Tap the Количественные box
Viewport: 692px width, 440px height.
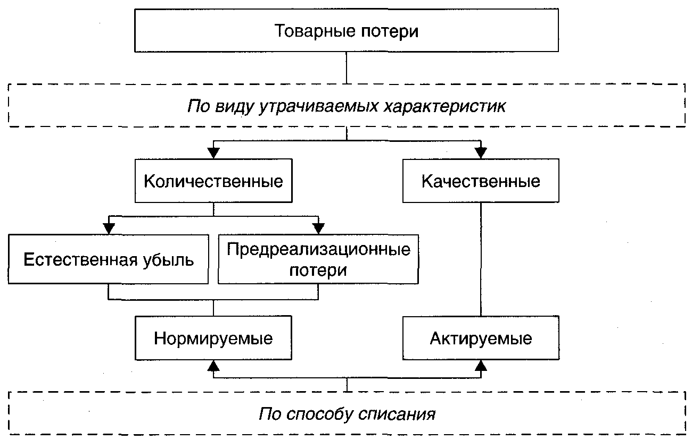pyautogui.click(x=213, y=182)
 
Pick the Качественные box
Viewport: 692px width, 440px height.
pyautogui.click(x=481, y=182)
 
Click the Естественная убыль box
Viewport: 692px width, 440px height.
pyautogui.click(x=109, y=261)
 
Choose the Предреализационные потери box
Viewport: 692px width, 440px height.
pyautogui.click(x=318, y=260)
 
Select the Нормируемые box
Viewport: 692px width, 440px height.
pyautogui.click(x=213, y=339)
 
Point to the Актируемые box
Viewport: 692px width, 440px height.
pyautogui.click(x=481, y=339)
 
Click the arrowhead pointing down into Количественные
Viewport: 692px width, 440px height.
pyautogui.click(x=213, y=153)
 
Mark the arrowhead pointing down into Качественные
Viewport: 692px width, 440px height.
pyautogui.click(x=481, y=153)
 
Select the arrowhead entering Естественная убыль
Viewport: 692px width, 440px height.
pyautogui.click(x=109, y=229)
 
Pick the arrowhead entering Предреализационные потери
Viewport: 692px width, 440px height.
pyautogui.click(x=318, y=229)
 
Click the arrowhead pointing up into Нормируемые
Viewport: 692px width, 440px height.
pyautogui.click(x=213, y=365)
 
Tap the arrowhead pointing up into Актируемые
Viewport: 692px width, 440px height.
pyautogui.click(x=481, y=365)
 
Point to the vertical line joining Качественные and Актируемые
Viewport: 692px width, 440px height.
pyautogui.click(x=481, y=260)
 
